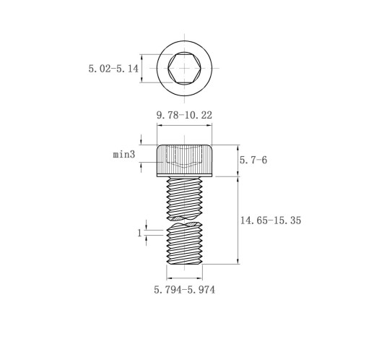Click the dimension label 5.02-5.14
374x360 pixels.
[x=113, y=69]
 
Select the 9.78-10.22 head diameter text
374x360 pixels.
[x=184, y=115]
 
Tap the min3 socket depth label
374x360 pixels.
[x=124, y=154]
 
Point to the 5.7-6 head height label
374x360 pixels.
[x=253, y=160]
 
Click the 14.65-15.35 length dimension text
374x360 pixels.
[x=271, y=220]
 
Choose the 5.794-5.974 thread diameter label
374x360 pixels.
[x=185, y=290]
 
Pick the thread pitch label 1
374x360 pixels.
[x=139, y=233]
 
